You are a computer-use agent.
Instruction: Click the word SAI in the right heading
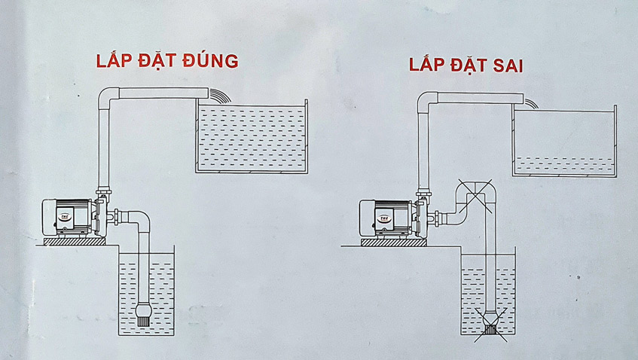click(508, 66)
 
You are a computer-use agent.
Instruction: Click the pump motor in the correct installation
click(69, 218)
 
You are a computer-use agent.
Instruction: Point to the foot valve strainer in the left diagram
click(144, 315)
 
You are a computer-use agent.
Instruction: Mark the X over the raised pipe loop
click(475, 196)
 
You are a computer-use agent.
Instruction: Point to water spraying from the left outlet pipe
click(220, 95)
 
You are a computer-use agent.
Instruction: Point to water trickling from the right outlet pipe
click(531, 103)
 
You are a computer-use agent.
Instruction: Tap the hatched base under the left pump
click(75, 242)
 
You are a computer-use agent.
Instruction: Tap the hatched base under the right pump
click(393, 243)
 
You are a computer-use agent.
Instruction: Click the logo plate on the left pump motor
click(64, 217)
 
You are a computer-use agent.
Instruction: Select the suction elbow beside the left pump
click(139, 221)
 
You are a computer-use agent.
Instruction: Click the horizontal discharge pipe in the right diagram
click(481, 98)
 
